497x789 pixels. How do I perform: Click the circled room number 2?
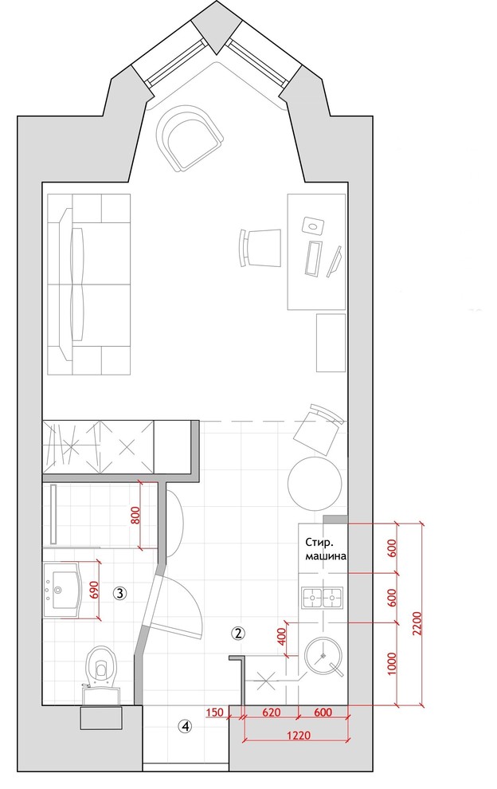pos(238,633)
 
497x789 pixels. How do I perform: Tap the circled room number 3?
pos(119,593)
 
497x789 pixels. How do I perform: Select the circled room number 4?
pos(186,726)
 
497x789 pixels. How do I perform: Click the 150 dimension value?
pos(215,712)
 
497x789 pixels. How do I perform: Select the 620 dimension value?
pos(272,712)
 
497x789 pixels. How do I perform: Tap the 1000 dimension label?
pos(393,664)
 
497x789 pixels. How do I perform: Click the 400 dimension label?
pos(280,638)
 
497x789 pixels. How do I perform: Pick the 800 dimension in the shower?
pos(135,515)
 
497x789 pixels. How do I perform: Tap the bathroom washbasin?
pos(62,589)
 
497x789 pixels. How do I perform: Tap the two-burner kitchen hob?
pos(322,599)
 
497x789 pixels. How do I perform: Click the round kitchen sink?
pos(323,657)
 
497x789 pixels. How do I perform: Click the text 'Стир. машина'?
pos(325,549)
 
